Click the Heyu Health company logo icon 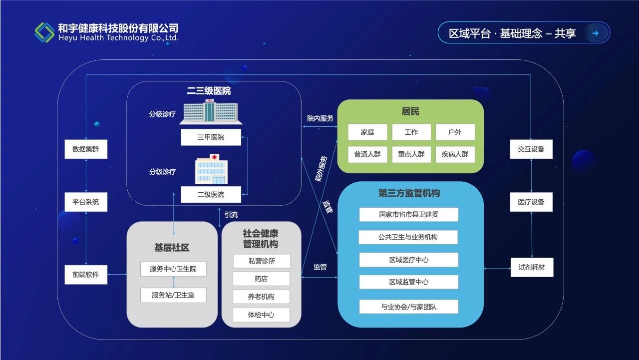[x=44, y=32]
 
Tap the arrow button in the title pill [x=595, y=33]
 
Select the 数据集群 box [x=86, y=149]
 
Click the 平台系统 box [x=86, y=202]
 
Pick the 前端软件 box [x=86, y=274]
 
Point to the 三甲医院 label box [x=211, y=137]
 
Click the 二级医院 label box [x=211, y=194]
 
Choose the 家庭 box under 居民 [x=367, y=132]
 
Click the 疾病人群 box [x=455, y=154]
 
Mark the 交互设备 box [x=531, y=149]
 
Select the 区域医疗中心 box [x=408, y=260]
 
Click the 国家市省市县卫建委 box [x=408, y=215]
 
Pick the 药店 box [x=261, y=278]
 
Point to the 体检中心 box [x=261, y=315]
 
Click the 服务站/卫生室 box [x=173, y=295]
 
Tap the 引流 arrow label [x=231, y=215]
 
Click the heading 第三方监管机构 [x=409, y=193]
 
